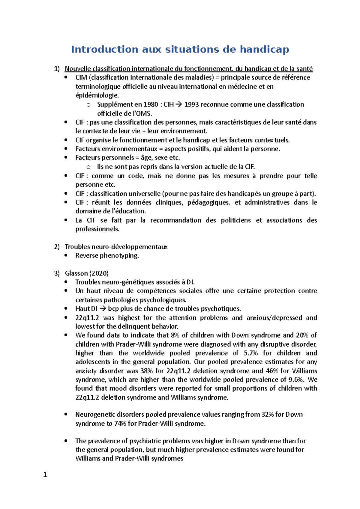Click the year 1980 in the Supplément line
[151, 105]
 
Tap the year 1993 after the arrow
[191, 105]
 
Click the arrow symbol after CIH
[178, 105]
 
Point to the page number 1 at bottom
[45, 475]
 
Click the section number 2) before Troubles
[57, 247]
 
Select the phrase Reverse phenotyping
[107, 256]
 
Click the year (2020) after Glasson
[99, 273]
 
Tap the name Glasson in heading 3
[76, 273]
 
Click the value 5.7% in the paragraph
[250, 353]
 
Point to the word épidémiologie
[97, 96]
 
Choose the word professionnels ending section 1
[97, 229]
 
